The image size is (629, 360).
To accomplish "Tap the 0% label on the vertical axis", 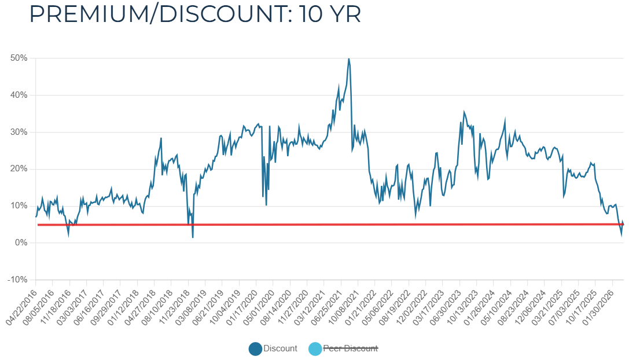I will click(x=21, y=243).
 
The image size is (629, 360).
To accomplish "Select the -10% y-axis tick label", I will click(x=19, y=280).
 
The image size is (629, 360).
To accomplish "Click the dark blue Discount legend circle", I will click(x=255, y=349).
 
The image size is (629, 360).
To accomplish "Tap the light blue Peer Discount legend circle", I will click(x=315, y=349).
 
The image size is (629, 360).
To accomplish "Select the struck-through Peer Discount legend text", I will click(x=350, y=348).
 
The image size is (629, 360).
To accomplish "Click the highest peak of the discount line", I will click(x=348, y=58).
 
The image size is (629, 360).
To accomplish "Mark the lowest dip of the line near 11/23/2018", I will click(x=193, y=237).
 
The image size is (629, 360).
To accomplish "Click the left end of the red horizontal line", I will click(x=38, y=225).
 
